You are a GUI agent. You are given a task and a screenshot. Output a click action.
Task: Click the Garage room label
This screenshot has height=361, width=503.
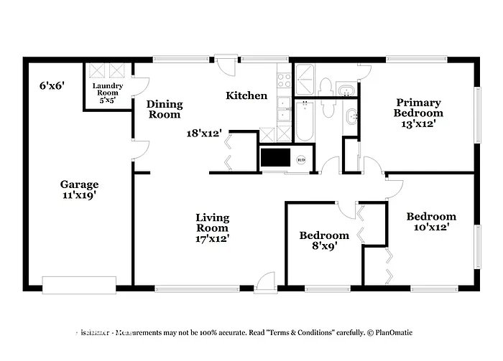[x=79, y=189]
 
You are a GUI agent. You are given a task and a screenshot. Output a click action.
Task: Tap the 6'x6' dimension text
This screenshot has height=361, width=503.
[x=52, y=85]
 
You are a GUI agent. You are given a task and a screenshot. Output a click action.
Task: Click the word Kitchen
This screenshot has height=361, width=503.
[x=246, y=95]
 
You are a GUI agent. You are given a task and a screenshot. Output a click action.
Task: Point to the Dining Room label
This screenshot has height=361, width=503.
[x=165, y=109]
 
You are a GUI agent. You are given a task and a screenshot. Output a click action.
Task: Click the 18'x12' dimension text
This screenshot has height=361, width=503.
[x=204, y=133]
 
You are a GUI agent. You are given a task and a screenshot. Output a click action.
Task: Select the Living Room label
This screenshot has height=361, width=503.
[x=213, y=228]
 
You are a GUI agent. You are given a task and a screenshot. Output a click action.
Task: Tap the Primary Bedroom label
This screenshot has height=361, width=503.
[x=417, y=113]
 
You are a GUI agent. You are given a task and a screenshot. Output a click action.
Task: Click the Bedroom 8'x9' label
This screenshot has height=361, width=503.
[x=324, y=240]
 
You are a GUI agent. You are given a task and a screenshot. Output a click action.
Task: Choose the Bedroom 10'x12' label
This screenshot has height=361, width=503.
[x=431, y=222]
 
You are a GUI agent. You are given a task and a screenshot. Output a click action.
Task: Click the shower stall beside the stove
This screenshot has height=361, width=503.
[x=305, y=78]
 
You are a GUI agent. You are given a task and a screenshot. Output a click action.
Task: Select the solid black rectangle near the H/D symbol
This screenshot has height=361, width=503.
[x=273, y=157]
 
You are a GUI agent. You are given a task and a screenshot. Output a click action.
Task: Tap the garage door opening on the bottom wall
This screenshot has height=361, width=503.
[x=78, y=285]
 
